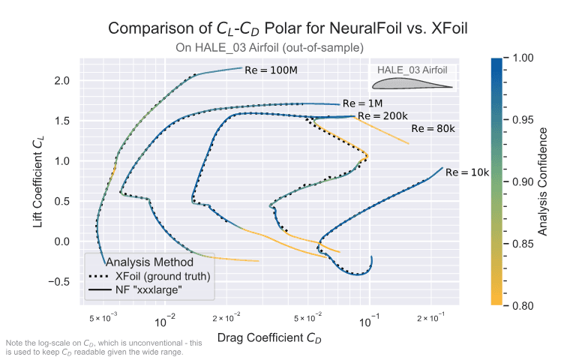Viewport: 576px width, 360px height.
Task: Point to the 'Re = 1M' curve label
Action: pos(362,103)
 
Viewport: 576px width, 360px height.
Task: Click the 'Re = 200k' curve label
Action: pos(382,116)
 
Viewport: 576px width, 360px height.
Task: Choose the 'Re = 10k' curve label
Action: pos(466,172)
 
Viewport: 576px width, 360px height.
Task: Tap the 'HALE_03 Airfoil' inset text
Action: pos(413,70)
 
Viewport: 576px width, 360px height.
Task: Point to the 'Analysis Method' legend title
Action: pos(150,262)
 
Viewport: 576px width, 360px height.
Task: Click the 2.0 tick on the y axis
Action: pos(62,80)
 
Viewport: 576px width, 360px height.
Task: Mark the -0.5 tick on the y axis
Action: pos(59,282)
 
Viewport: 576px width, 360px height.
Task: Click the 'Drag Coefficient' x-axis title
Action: pos(269,338)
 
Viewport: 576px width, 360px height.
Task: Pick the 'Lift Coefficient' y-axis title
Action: pos(37,184)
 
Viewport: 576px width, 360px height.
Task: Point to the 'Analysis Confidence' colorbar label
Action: pos(553,181)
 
